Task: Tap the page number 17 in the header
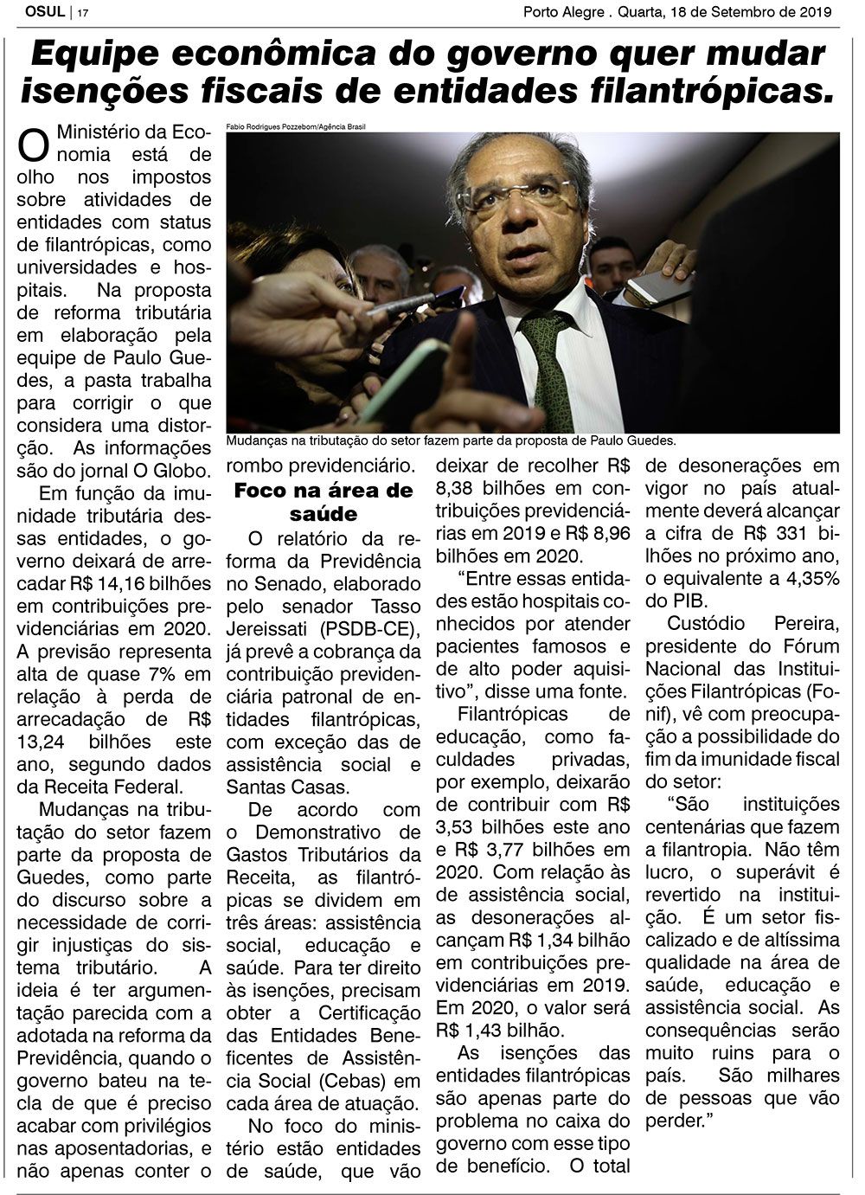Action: tap(84, 13)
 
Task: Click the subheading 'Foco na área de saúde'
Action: tap(324, 503)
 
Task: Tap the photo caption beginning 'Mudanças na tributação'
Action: tap(451, 440)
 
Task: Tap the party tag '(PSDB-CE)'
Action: tap(362, 628)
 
